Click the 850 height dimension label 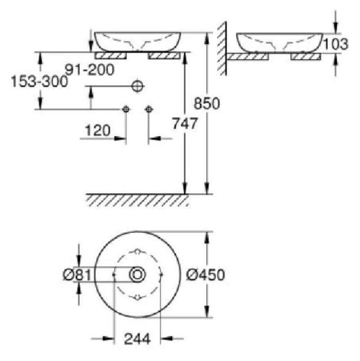click(x=207, y=103)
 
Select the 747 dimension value click(x=185, y=123)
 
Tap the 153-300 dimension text click(x=40, y=81)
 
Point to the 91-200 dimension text click(x=90, y=70)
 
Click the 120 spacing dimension click(x=98, y=130)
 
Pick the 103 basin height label click(x=336, y=44)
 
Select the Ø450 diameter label click(x=205, y=275)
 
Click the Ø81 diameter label click(x=77, y=275)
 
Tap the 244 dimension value click(x=137, y=339)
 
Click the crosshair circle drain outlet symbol click(x=138, y=86)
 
